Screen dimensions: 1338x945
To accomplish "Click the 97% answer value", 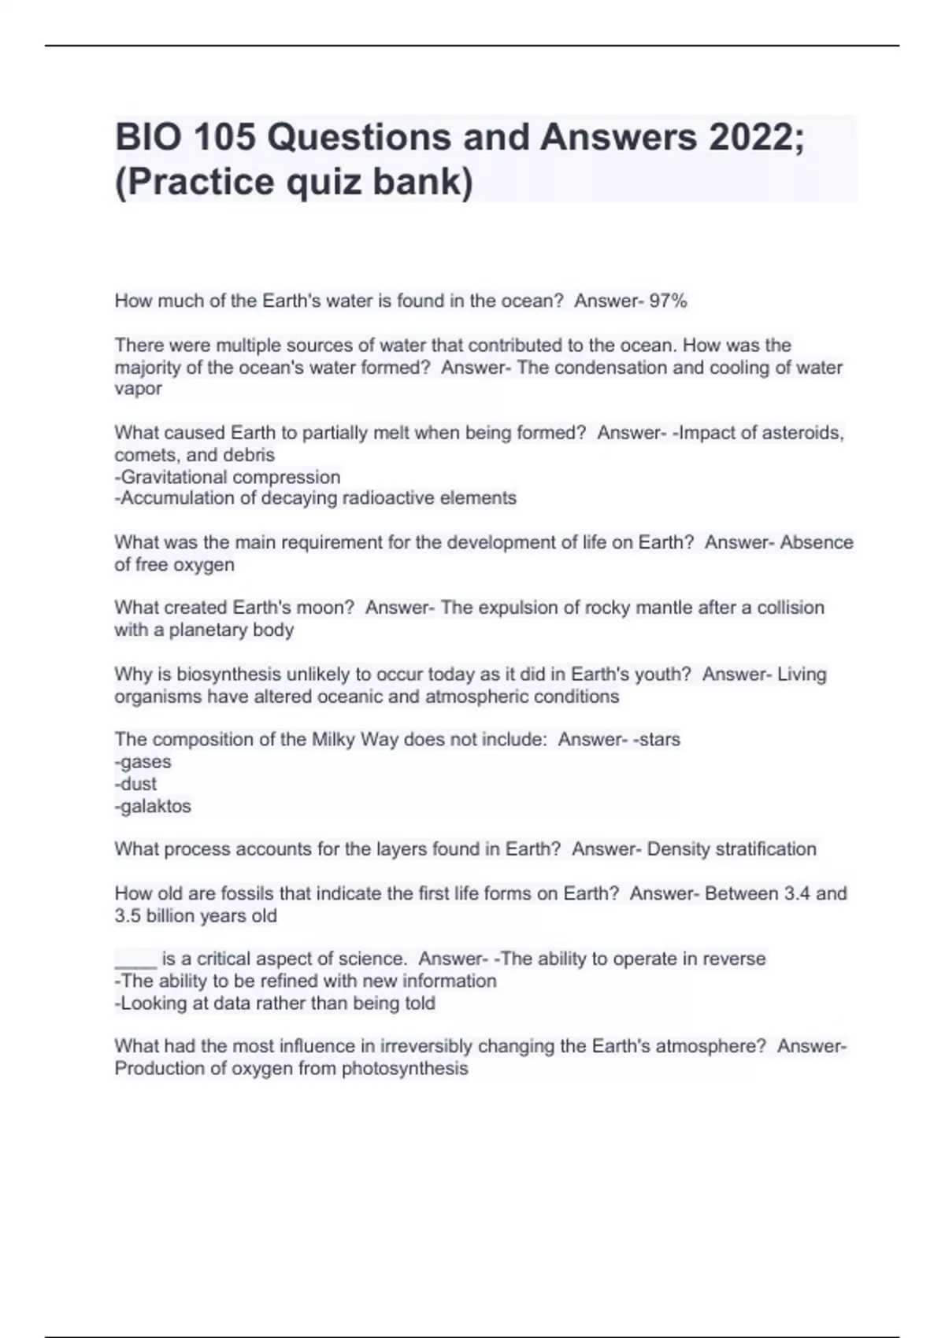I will (x=668, y=301).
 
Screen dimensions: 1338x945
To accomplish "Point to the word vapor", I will (x=139, y=389).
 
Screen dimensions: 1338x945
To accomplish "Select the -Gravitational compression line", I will (x=228, y=477).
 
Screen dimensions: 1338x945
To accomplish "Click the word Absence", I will (x=817, y=542).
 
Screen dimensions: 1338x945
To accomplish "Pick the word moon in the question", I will (x=332, y=608).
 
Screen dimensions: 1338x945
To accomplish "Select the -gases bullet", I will (x=143, y=762).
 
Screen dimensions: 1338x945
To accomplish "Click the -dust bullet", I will (x=135, y=784).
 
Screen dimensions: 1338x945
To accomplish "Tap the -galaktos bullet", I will (x=153, y=806).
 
